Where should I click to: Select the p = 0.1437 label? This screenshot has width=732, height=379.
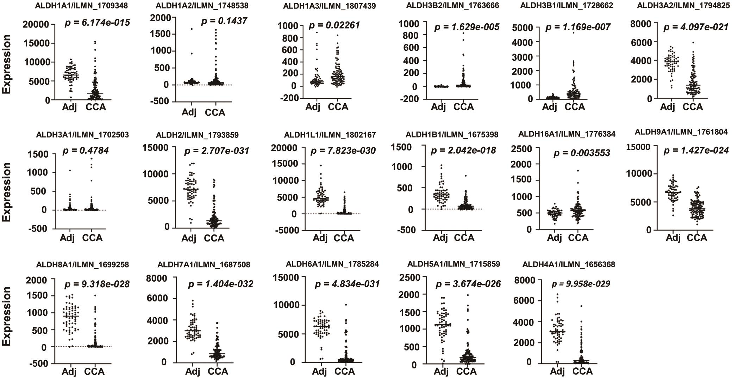tap(224, 21)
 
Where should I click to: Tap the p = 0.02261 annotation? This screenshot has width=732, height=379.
tap(334, 25)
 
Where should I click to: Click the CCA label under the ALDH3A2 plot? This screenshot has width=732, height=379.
tap(693, 106)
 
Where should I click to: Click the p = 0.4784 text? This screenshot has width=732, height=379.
tap(86, 151)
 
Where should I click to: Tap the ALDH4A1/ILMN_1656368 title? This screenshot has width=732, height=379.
tap(569, 264)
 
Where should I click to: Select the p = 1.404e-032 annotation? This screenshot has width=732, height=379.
tap(221, 284)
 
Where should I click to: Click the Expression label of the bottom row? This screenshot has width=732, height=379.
tap(7, 316)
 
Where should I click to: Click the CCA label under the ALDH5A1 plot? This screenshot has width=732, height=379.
tap(466, 371)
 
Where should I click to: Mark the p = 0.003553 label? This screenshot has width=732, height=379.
tap(582, 153)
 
